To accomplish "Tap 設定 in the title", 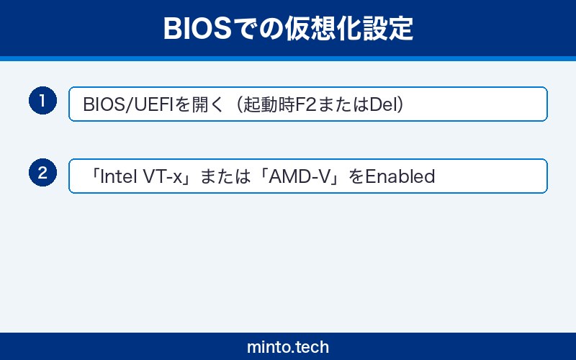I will point(392,28).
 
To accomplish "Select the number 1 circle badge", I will point(42,101).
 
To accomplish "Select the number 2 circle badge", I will point(42,173).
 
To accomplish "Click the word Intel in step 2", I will point(114,176).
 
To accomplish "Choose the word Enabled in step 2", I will point(400,176).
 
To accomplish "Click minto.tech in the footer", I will point(288,346).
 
